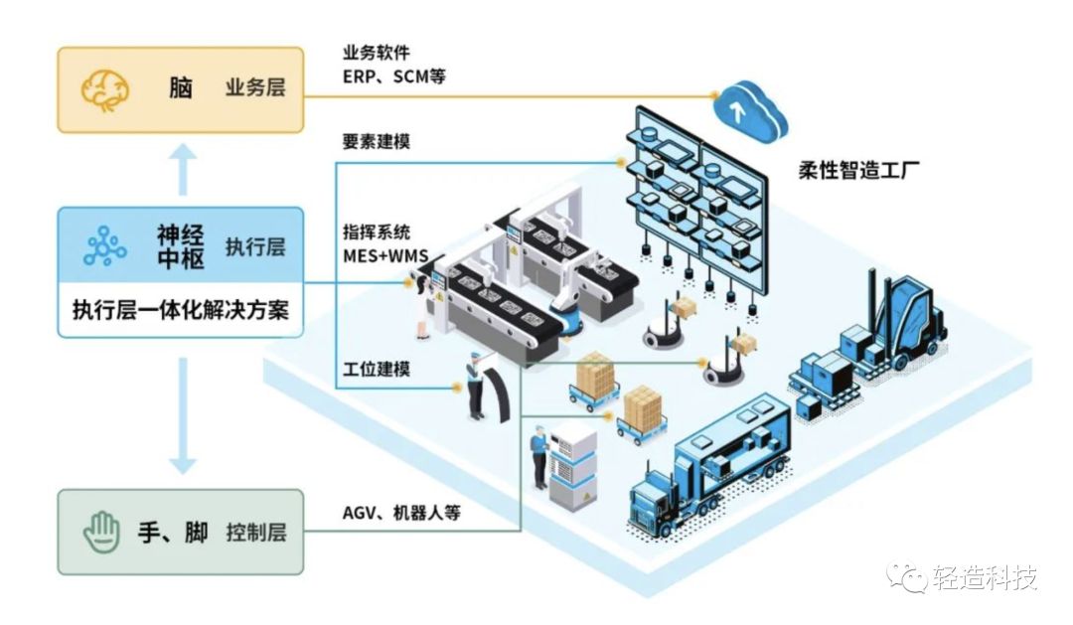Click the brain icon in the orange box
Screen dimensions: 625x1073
pos(104,88)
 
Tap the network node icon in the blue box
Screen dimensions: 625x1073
pos(104,244)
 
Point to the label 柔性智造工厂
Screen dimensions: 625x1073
pos(858,169)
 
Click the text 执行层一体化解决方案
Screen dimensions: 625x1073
pos(180,309)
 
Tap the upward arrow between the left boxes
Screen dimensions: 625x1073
pos(180,168)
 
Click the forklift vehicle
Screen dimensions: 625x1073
pos(899,318)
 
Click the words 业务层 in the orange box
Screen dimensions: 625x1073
pos(254,87)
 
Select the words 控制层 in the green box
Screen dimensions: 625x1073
pos(254,532)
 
